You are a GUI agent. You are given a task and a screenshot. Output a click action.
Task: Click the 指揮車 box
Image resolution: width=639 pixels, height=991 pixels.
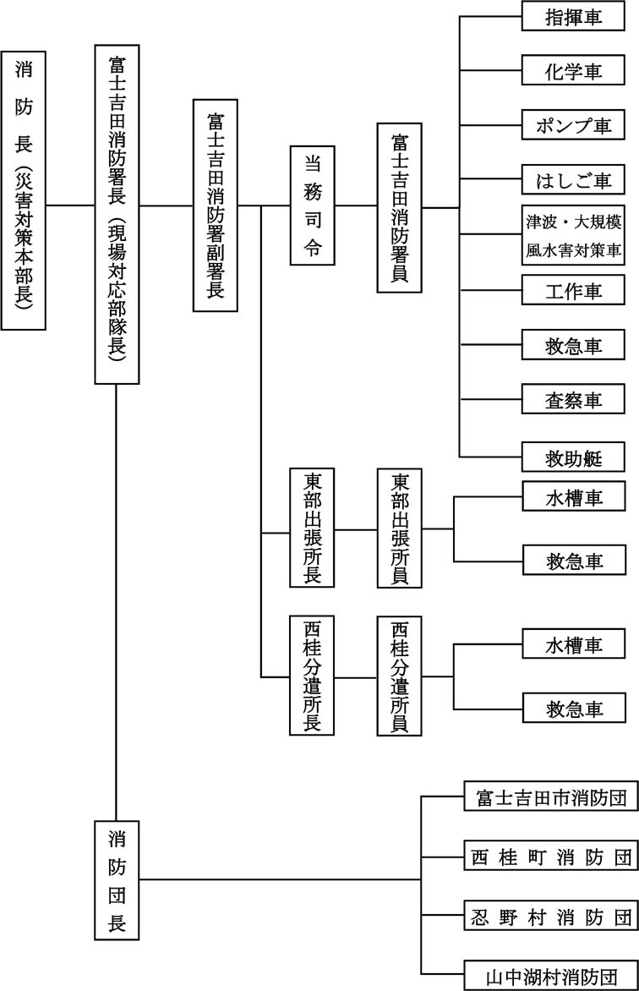[574, 18]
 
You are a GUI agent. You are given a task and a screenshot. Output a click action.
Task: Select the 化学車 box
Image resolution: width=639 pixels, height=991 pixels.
[574, 72]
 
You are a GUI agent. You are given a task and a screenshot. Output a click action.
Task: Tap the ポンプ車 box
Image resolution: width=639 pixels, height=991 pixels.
[574, 125]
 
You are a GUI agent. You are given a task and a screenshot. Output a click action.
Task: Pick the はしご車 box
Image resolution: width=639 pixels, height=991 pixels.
[574, 179]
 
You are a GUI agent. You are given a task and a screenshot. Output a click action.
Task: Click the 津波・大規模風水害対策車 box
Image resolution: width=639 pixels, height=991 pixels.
[574, 234]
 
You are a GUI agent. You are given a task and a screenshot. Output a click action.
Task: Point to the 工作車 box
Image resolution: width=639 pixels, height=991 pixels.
[574, 290]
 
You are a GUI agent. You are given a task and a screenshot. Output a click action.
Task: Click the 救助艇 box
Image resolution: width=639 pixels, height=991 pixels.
[574, 457]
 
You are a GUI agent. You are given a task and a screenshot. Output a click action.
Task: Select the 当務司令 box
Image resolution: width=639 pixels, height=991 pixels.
[312, 205]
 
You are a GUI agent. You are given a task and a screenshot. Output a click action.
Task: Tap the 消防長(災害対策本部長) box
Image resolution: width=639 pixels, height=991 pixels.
[24, 190]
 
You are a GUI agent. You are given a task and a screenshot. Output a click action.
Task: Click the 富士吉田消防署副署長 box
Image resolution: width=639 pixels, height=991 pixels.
[216, 205]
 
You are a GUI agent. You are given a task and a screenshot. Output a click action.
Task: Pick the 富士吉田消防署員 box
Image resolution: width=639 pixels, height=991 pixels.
[400, 207]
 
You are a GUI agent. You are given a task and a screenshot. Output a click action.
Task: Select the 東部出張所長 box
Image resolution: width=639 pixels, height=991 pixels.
[312, 528]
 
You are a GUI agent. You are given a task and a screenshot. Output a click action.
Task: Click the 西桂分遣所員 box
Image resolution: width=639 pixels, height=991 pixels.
[400, 676]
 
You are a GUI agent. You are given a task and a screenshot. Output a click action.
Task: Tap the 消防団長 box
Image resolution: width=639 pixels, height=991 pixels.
[117, 879]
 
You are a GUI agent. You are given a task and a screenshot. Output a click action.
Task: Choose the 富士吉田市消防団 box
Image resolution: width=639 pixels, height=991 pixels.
[550, 797]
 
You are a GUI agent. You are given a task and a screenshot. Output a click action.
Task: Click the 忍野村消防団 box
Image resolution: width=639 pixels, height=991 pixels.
[550, 915]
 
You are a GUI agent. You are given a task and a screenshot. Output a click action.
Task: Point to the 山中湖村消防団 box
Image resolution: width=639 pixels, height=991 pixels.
[550, 975]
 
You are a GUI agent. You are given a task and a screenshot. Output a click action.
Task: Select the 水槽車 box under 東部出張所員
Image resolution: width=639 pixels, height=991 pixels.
[574, 498]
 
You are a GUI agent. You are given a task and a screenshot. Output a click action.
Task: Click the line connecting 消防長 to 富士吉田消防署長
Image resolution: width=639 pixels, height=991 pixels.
[70, 205]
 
